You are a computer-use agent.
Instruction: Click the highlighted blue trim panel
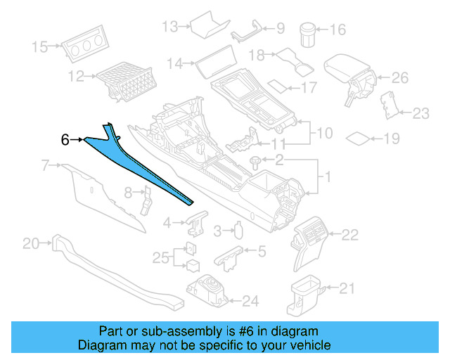(141, 166)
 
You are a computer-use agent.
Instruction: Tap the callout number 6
(65, 140)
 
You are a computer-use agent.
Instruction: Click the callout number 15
(41, 47)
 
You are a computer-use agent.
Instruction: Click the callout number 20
(31, 244)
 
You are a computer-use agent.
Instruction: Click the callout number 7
(45, 166)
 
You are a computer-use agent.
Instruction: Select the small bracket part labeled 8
(146, 200)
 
